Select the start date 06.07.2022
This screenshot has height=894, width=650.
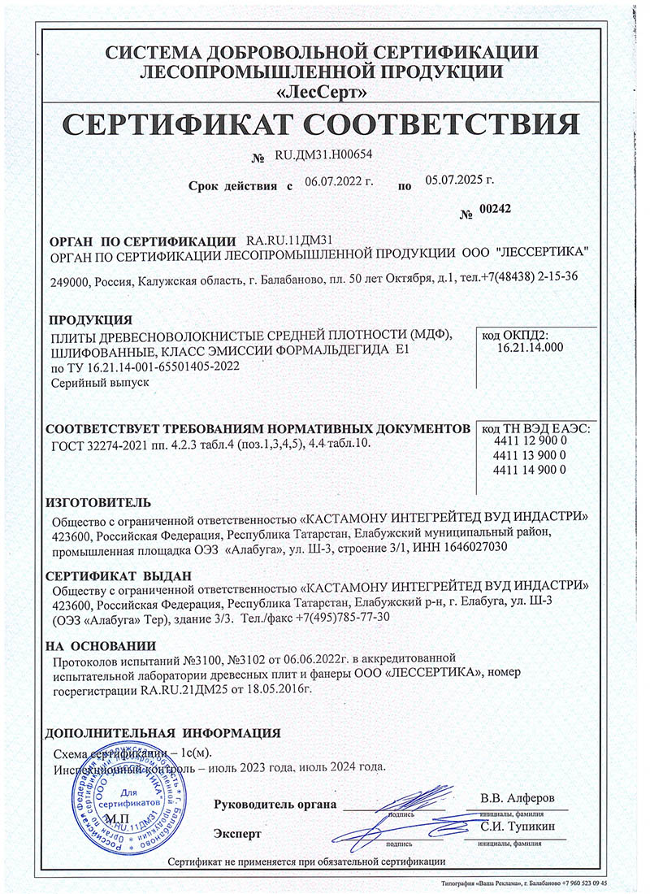pos(333,182)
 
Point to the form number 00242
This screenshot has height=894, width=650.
pos(496,209)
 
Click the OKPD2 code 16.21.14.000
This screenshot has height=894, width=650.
pos(529,347)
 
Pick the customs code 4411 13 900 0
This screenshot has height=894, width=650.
pos(529,455)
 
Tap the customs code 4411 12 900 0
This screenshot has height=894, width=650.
pos(529,440)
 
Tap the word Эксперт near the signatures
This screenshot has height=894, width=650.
pos(238,834)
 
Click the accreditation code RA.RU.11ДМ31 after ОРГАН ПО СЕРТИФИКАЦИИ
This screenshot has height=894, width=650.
pos(289,241)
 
